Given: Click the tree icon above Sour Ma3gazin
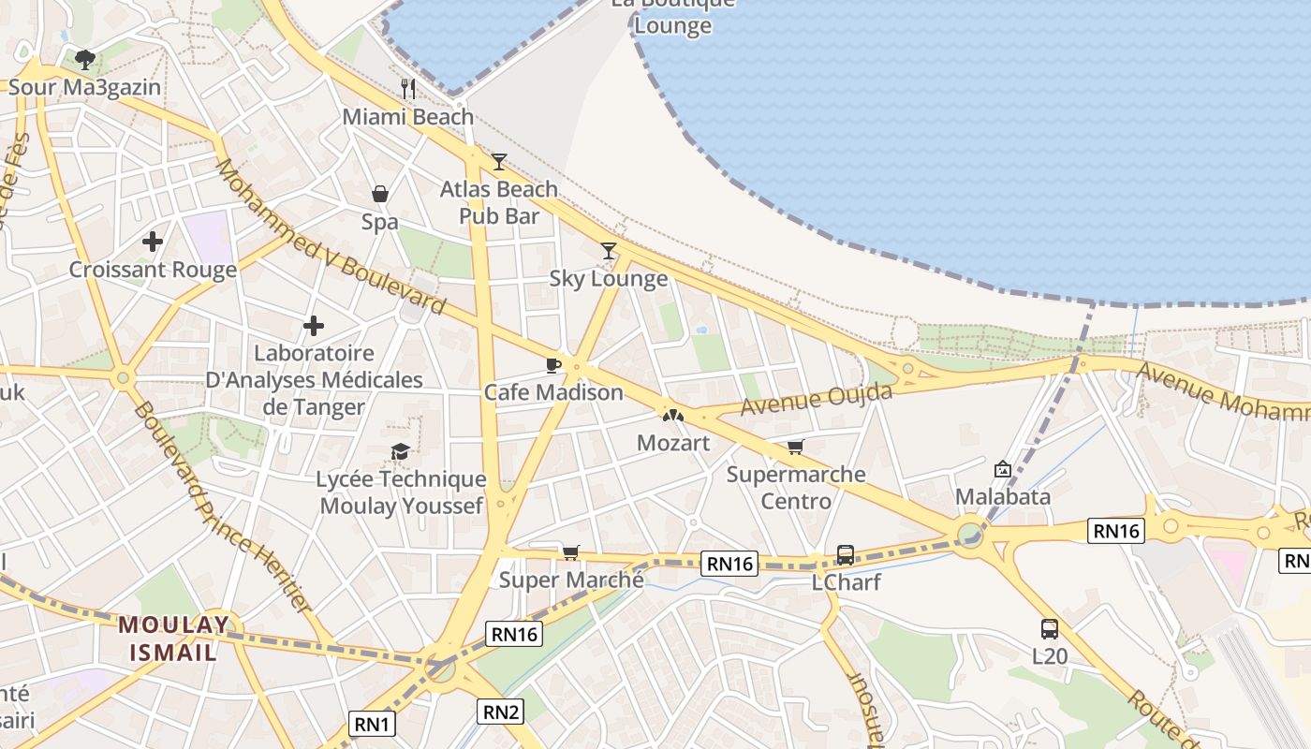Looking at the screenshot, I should pos(85,60).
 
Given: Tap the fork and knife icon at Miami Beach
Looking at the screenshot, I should pos(408,89).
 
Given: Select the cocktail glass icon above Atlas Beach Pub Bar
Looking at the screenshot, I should pos(499,162).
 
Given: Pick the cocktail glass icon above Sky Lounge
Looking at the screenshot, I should pos(609,250).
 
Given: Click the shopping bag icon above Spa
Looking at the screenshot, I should pos(380,194).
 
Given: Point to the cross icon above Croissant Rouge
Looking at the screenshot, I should pos(153,242).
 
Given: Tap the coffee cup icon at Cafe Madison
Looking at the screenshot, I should pos(553,364).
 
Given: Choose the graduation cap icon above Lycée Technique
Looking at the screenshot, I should pos(401,452).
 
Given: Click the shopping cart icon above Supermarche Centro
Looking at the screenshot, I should pos(796,447).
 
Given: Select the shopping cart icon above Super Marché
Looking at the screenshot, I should pos(571,552).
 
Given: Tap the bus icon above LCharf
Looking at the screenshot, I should pos(846,554).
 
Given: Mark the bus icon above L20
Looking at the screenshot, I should pos(1050,629).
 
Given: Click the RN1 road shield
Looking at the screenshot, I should pos(373,724).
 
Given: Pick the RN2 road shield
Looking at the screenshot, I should pos(500,712).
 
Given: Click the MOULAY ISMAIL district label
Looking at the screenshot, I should pos(174,638).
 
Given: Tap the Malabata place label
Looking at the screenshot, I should pos(1003,496).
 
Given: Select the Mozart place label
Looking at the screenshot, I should pos(673,442).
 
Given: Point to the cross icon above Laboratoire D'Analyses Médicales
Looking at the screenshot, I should pos(314,326).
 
